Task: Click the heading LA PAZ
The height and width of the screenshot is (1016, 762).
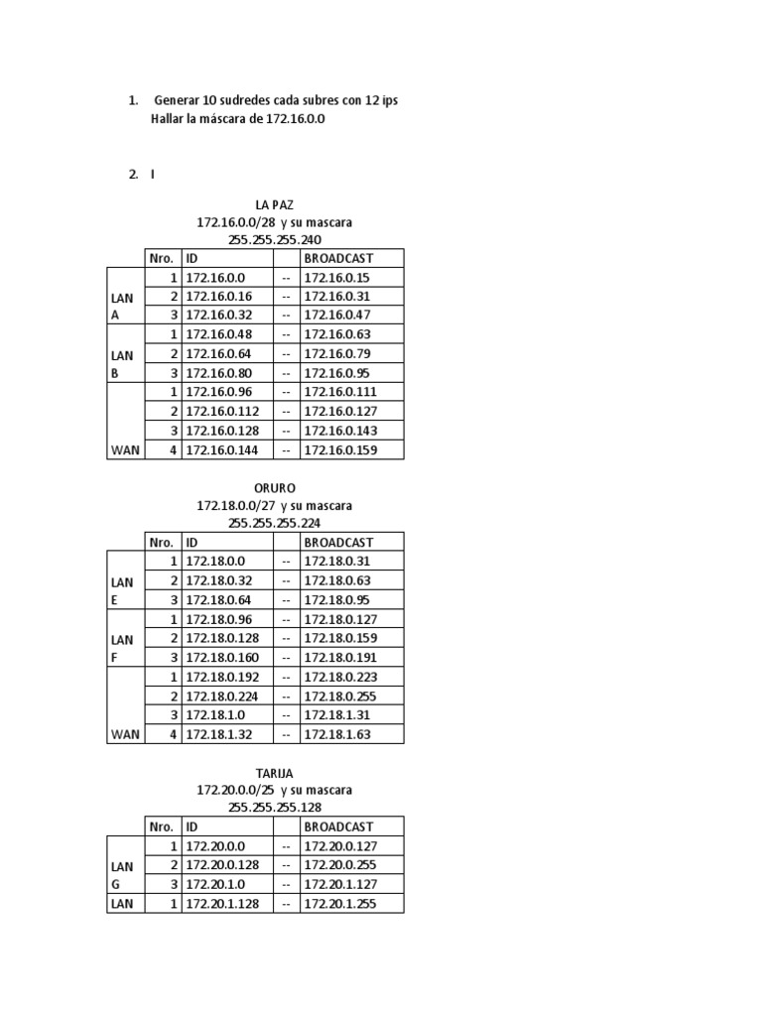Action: click(x=274, y=203)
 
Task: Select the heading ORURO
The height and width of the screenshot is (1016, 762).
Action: click(x=274, y=487)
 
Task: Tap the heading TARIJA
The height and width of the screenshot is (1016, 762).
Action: click(x=274, y=772)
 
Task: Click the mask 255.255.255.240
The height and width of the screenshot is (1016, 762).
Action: click(x=274, y=239)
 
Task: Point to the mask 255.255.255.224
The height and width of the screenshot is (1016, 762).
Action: click(x=274, y=523)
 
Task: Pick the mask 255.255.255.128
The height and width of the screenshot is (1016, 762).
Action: click(x=274, y=807)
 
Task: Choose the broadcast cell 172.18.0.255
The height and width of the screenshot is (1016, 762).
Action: click(x=340, y=697)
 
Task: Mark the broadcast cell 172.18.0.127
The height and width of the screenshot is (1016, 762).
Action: click(x=340, y=619)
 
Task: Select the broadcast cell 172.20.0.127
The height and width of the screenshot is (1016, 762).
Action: click(x=340, y=846)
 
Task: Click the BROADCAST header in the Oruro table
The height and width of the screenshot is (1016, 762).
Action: click(x=338, y=542)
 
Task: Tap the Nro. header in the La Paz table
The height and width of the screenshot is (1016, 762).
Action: click(x=162, y=258)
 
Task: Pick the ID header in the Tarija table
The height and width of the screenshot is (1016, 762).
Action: click(x=192, y=826)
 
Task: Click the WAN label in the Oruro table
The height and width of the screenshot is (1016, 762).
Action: click(x=125, y=735)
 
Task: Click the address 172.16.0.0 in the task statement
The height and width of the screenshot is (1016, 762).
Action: click(x=296, y=119)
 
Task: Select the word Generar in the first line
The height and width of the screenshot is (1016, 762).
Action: click(x=178, y=101)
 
